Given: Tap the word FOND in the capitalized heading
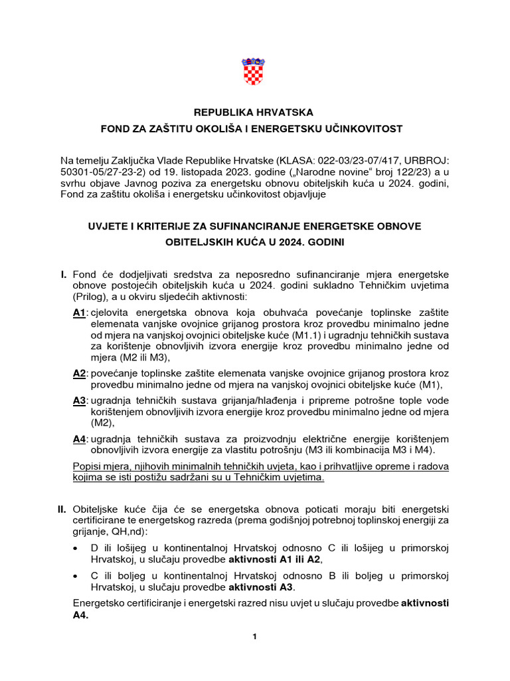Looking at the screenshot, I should pos(114,128).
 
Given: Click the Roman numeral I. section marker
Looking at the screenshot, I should pos(64,274).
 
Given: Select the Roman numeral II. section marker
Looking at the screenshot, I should pos(62,509).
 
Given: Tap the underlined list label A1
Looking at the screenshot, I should pos(79,313).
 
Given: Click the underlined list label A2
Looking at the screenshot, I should pos(79,374).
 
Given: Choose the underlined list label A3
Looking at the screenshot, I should pos(79,400).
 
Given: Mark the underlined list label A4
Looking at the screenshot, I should pos(79,439).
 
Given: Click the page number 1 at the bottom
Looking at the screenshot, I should pos(254,637).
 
